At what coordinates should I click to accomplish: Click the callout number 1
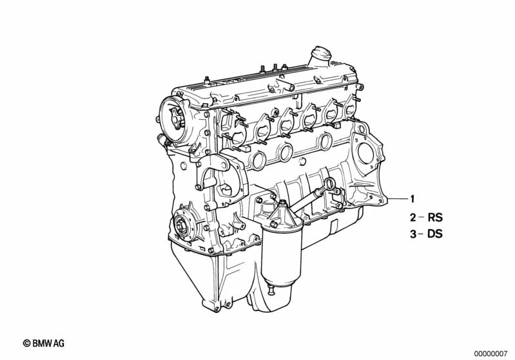(413, 199)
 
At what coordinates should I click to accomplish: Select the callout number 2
(413, 218)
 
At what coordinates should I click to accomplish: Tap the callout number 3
(413, 234)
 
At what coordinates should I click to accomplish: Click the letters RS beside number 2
(435, 218)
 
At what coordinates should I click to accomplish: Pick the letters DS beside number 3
(435, 234)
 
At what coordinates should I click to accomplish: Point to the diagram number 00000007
(492, 354)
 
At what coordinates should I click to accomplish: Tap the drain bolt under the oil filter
(271, 290)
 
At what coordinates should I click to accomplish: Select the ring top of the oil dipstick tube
(331, 183)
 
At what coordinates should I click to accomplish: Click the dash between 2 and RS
(422, 217)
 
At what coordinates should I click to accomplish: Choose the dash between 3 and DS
(421, 234)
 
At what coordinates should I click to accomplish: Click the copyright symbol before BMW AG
(26, 343)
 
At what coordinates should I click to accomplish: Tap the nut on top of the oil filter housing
(273, 225)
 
